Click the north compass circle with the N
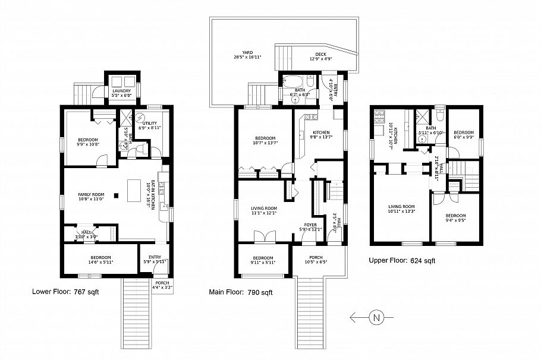[376, 318]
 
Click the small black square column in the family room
[117, 195]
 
